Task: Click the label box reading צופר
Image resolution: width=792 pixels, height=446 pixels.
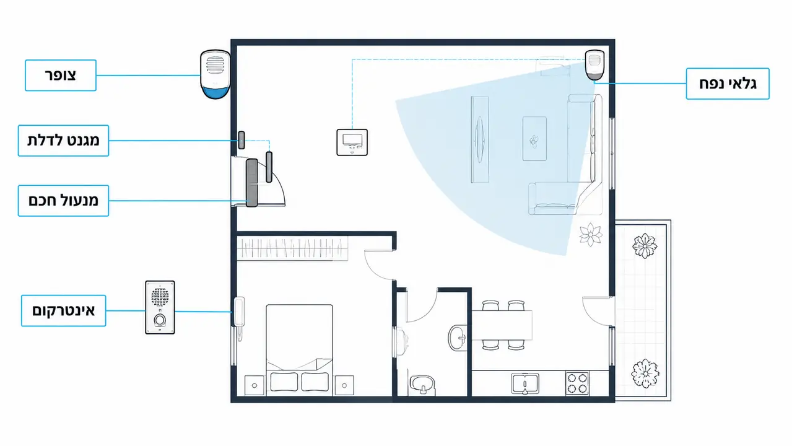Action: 61,76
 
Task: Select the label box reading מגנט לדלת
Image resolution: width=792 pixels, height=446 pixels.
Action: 63,141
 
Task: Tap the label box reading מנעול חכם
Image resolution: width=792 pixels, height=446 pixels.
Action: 63,201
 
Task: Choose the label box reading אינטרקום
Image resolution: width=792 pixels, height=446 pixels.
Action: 63,310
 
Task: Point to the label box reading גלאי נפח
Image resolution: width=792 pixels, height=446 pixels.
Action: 728,84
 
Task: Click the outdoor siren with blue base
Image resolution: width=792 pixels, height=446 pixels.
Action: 215,74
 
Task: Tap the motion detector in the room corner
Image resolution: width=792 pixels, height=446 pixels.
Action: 594,65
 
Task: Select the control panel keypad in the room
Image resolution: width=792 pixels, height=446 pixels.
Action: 352,142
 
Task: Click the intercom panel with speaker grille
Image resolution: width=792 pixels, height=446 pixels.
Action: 160,307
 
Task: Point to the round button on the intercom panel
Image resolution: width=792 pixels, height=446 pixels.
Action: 160,320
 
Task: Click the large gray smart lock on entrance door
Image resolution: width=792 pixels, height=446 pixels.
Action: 252,183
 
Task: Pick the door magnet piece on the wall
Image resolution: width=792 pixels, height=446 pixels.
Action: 241,140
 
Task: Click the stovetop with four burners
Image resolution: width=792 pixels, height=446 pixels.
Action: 577,383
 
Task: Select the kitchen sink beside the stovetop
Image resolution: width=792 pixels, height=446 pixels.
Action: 525,383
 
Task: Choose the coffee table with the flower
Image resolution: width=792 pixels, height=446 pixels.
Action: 534,139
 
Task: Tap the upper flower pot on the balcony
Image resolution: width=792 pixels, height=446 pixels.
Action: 645,245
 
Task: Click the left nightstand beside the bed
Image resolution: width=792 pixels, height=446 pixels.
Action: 255,385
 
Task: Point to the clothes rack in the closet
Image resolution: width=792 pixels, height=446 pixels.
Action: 292,248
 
